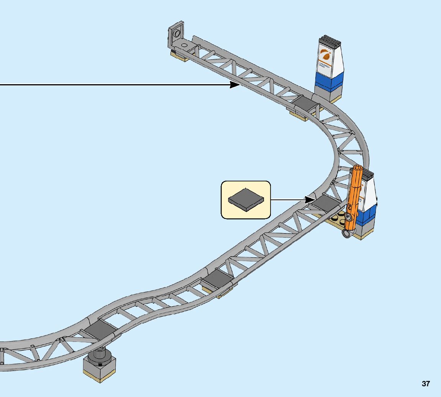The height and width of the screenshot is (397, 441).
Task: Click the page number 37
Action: click(426, 384)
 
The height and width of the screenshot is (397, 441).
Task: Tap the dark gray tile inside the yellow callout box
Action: click(246, 199)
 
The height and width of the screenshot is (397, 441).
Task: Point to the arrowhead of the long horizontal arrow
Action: click(235, 85)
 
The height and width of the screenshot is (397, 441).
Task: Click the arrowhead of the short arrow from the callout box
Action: click(310, 199)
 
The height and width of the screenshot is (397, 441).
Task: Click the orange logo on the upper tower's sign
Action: click(325, 54)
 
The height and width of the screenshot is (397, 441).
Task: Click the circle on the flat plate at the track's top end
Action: click(184, 45)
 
